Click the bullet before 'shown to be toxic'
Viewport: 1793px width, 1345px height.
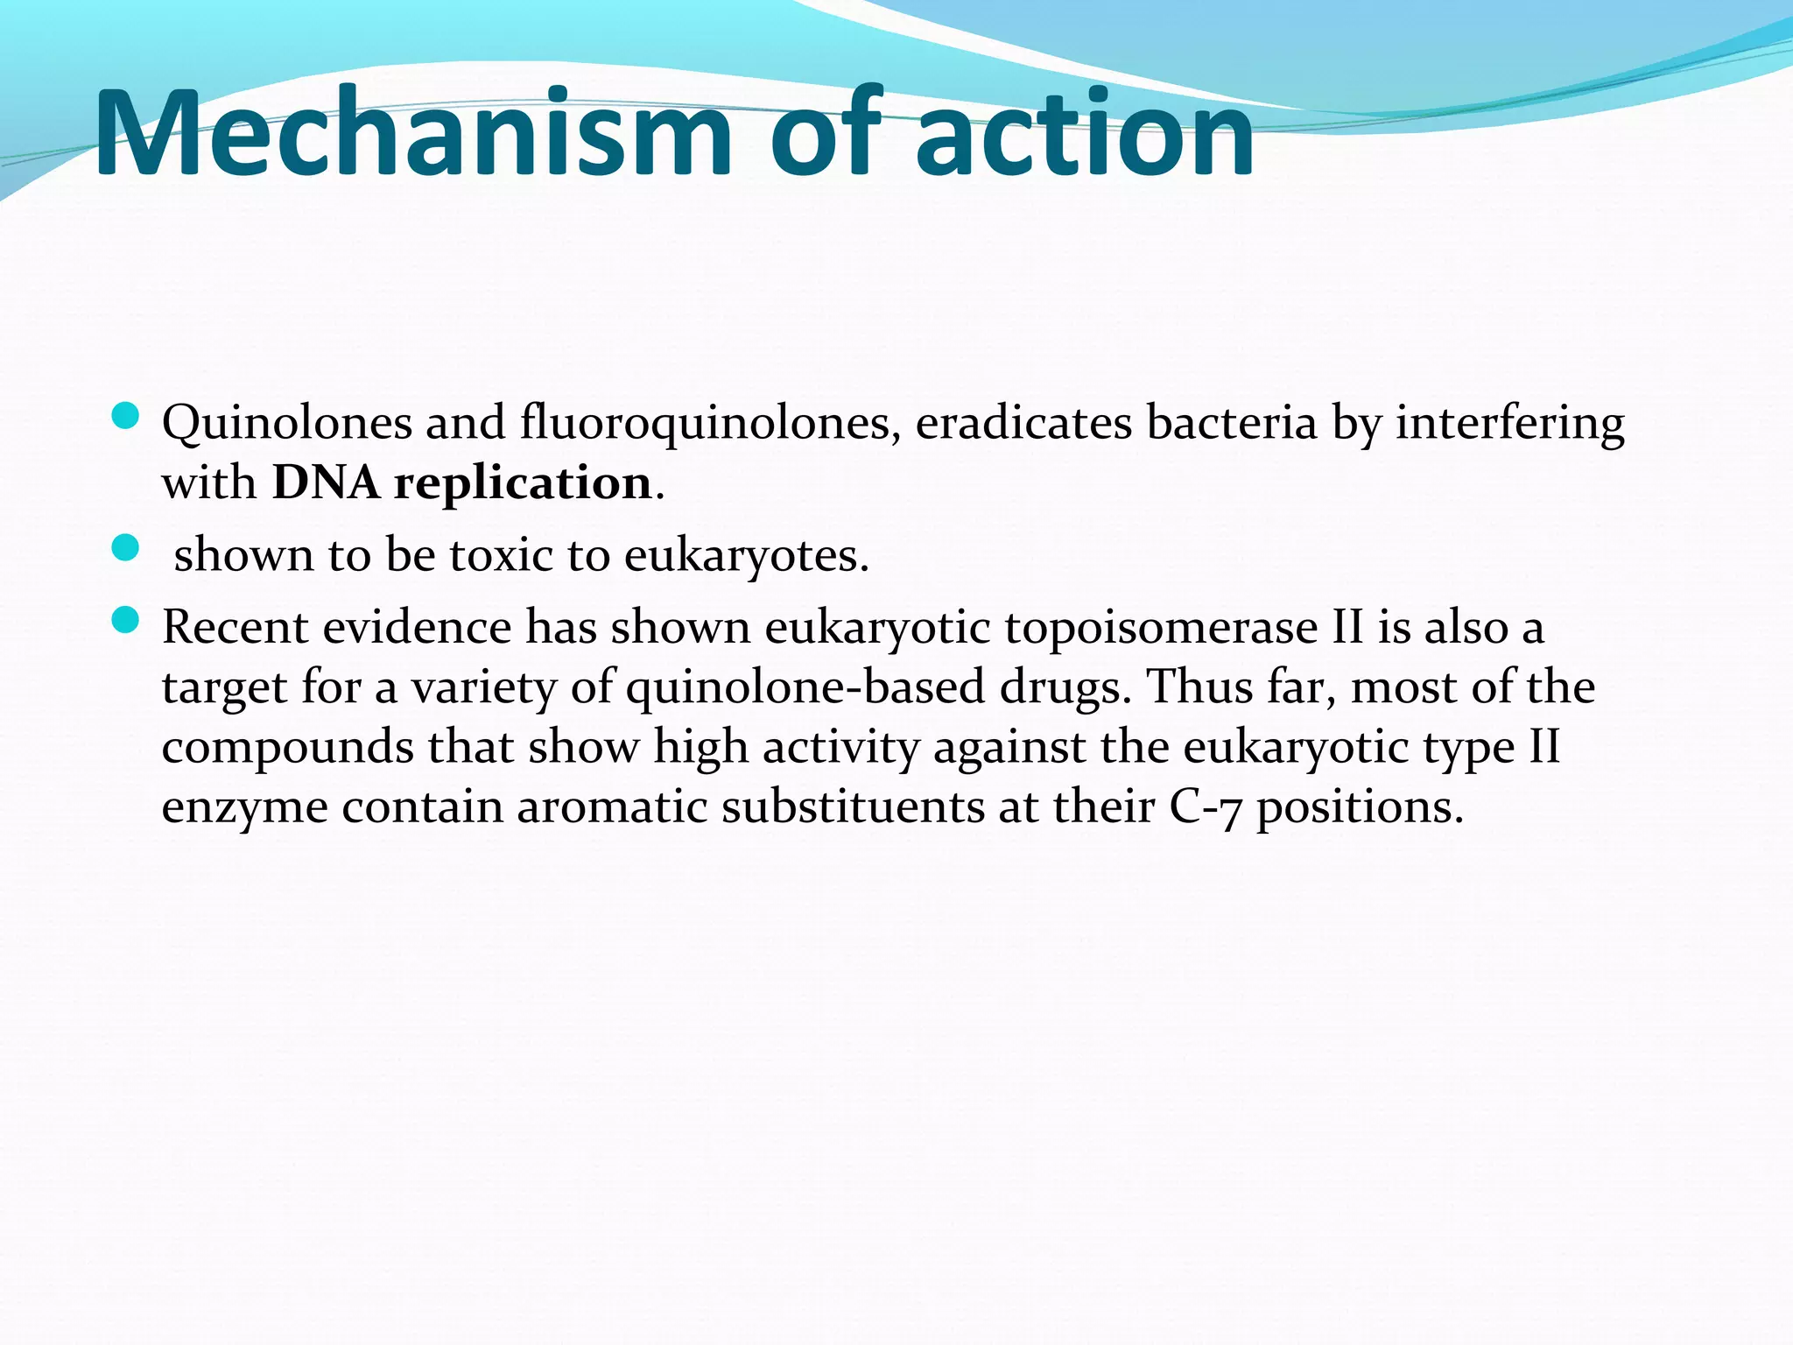pyautogui.click(x=126, y=549)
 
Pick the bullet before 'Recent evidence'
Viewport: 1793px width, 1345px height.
pyautogui.click(x=126, y=621)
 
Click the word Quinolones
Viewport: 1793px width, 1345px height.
pyautogui.click(x=286, y=424)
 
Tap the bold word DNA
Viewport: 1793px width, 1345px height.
pyautogui.click(x=326, y=482)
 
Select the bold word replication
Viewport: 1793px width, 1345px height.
pyautogui.click(x=522, y=484)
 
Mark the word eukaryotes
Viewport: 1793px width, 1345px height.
pyautogui.click(x=746, y=557)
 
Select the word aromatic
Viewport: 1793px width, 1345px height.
pyautogui.click(x=612, y=806)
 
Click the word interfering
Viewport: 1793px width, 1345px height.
pyautogui.click(x=1509, y=424)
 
